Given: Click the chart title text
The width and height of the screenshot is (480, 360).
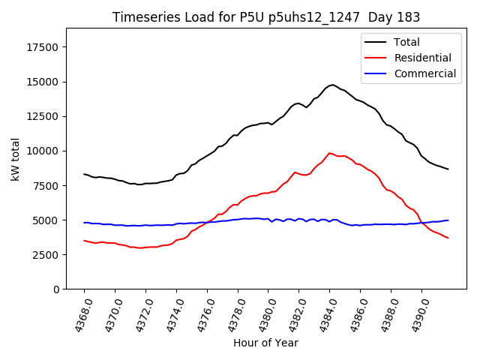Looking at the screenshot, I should point(265,17).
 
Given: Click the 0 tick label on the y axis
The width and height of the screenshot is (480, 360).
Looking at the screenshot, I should point(56,289).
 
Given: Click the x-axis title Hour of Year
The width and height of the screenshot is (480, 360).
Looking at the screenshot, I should point(265,343).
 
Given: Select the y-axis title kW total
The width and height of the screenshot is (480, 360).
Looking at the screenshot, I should point(15,158).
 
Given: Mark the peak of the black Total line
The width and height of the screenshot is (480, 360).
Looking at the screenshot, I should point(332,85).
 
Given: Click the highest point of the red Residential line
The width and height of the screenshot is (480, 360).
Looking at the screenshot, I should point(329,153).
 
